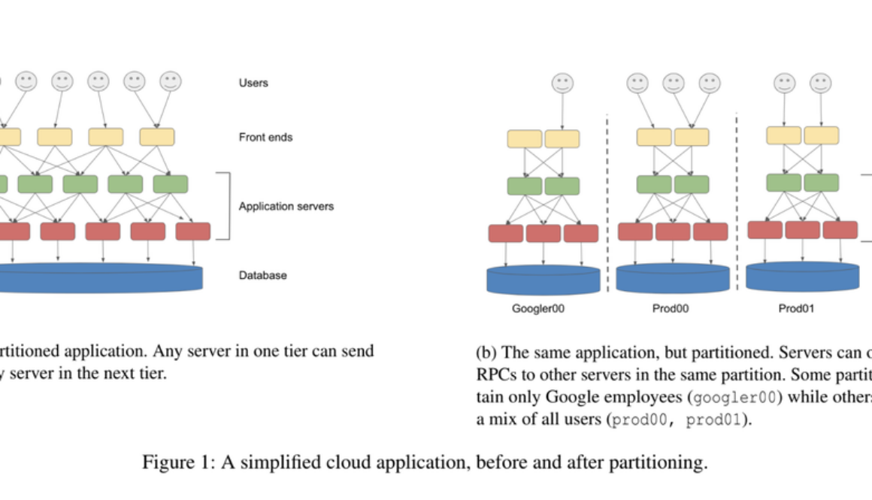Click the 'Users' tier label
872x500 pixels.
253,83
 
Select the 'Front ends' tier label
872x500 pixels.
265,138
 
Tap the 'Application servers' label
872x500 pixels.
286,206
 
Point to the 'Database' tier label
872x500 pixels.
262,275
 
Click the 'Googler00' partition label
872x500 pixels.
537,308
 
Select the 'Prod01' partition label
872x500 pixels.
796,308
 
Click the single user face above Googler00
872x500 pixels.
562,83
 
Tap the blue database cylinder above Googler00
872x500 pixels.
543,279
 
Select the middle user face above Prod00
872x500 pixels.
674,83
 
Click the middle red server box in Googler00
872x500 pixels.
543,233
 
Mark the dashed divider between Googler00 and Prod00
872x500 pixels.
607,203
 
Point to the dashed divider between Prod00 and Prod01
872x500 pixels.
737,203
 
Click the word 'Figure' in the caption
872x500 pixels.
165,462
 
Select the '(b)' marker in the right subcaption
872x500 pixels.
486,352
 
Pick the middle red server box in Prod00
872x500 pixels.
672,232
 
